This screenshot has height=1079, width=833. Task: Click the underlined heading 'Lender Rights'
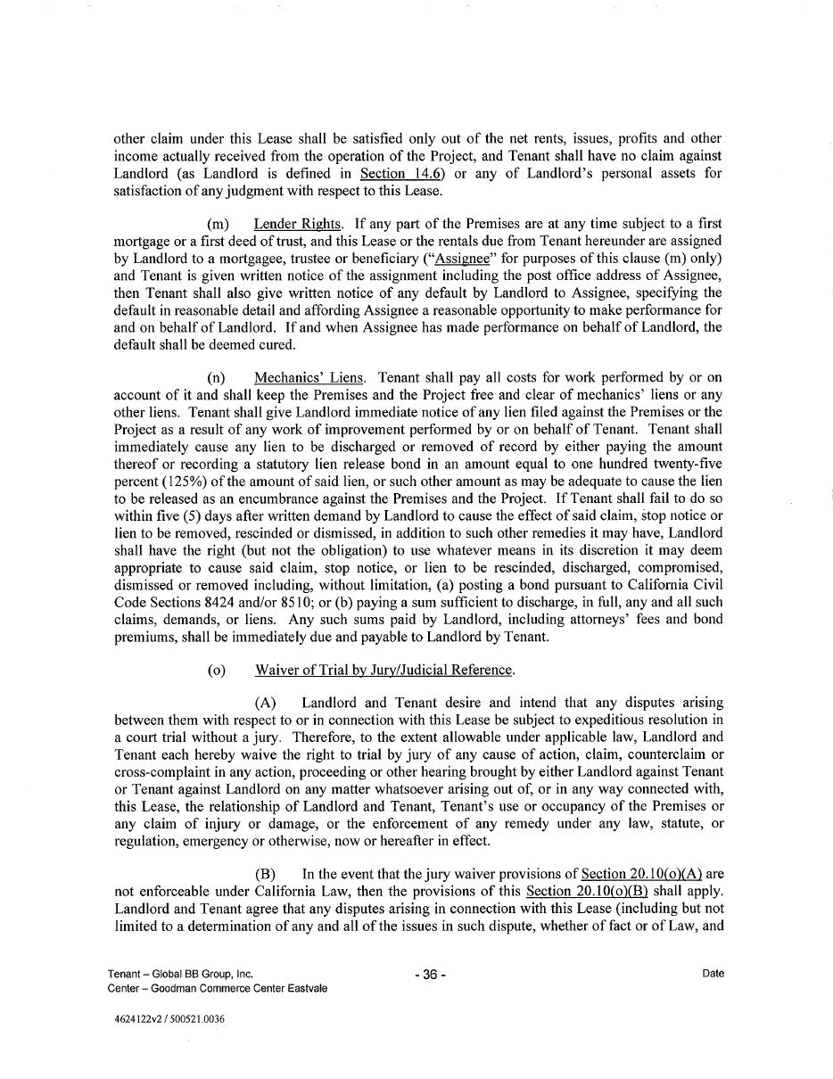click(x=298, y=224)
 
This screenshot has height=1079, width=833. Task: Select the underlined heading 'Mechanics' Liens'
click(x=309, y=378)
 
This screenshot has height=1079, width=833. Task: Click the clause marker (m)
click(x=218, y=224)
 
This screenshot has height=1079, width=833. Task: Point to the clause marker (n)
click(x=217, y=378)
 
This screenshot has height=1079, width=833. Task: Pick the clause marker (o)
click(x=217, y=670)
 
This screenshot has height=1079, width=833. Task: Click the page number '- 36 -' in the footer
click(x=431, y=975)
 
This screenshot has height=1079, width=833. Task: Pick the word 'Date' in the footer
click(x=713, y=974)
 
